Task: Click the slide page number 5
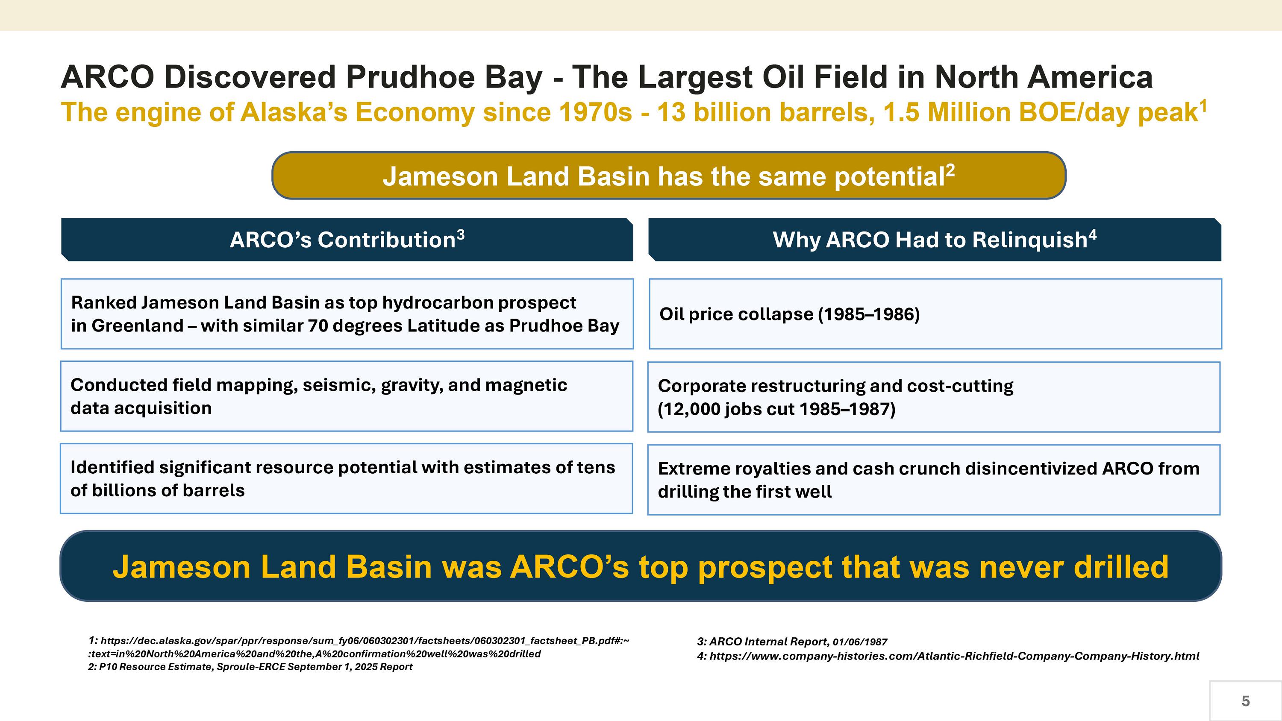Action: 1246,701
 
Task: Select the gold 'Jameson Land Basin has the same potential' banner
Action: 668,176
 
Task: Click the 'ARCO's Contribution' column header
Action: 347,239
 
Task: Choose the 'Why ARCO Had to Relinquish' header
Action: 935,239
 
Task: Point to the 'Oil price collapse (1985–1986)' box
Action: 935,314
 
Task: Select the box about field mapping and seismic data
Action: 347,396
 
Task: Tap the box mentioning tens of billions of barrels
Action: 347,479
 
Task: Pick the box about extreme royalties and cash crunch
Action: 934,480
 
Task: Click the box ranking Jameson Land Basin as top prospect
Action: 347,314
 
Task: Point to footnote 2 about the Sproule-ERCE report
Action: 250,667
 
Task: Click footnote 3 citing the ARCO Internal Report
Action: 792,642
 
